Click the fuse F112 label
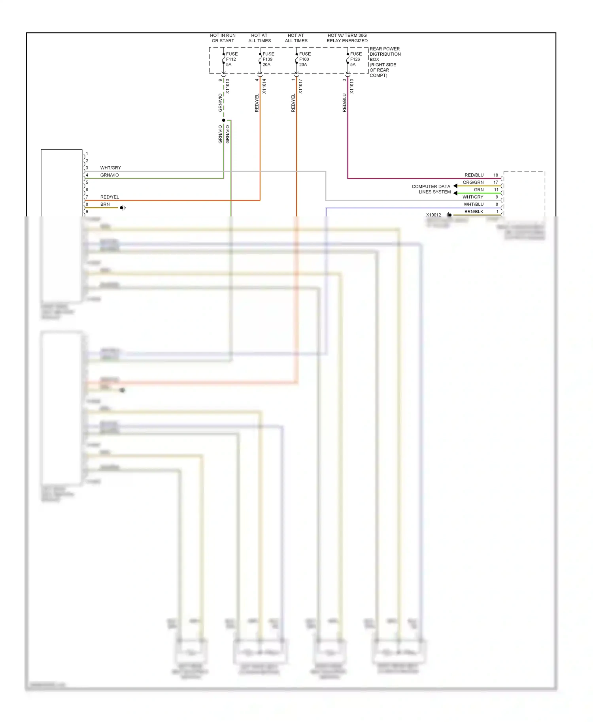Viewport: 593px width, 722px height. (231, 59)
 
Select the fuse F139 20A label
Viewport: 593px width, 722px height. (268, 59)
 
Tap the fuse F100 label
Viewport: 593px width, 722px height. (304, 59)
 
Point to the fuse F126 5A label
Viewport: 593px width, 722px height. (355, 59)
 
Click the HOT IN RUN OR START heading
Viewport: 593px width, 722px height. (223, 38)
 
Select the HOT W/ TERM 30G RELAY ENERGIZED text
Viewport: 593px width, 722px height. (347, 38)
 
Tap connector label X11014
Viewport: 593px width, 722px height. (264, 86)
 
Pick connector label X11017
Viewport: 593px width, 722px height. (300, 86)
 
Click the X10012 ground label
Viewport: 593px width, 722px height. (433, 215)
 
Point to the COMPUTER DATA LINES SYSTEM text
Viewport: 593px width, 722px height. (431, 189)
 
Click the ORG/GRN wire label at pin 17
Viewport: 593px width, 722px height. (473, 182)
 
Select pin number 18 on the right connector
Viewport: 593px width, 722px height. (495, 175)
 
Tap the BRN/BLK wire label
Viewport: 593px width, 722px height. (474, 212)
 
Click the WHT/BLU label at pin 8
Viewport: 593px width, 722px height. (473, 204)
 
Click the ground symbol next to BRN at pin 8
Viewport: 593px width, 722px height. (123, 208)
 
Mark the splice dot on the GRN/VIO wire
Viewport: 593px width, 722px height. (224, 120)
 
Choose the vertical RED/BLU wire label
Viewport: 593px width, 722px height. (344, 103)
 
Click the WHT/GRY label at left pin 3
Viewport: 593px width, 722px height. (110, 168)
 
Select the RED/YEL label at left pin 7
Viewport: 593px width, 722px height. (110, 197)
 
